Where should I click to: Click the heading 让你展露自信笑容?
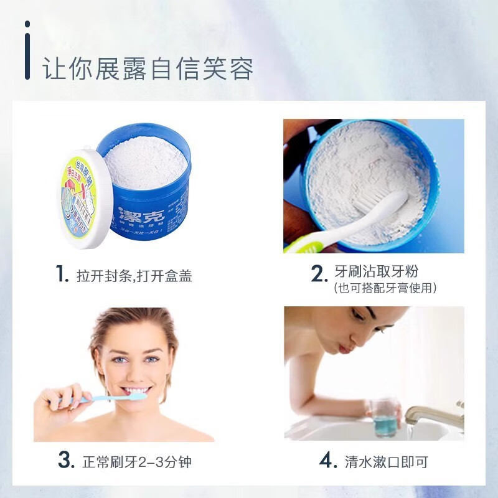point(148,68)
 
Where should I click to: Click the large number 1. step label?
point(61,275)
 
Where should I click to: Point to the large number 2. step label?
point(319,273)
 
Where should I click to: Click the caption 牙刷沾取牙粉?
point(385,272)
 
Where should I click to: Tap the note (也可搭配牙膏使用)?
point(385,288)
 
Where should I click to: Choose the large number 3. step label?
point(66,461)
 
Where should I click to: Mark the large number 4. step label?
point(328,461)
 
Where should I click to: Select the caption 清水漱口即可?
point(387,462)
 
